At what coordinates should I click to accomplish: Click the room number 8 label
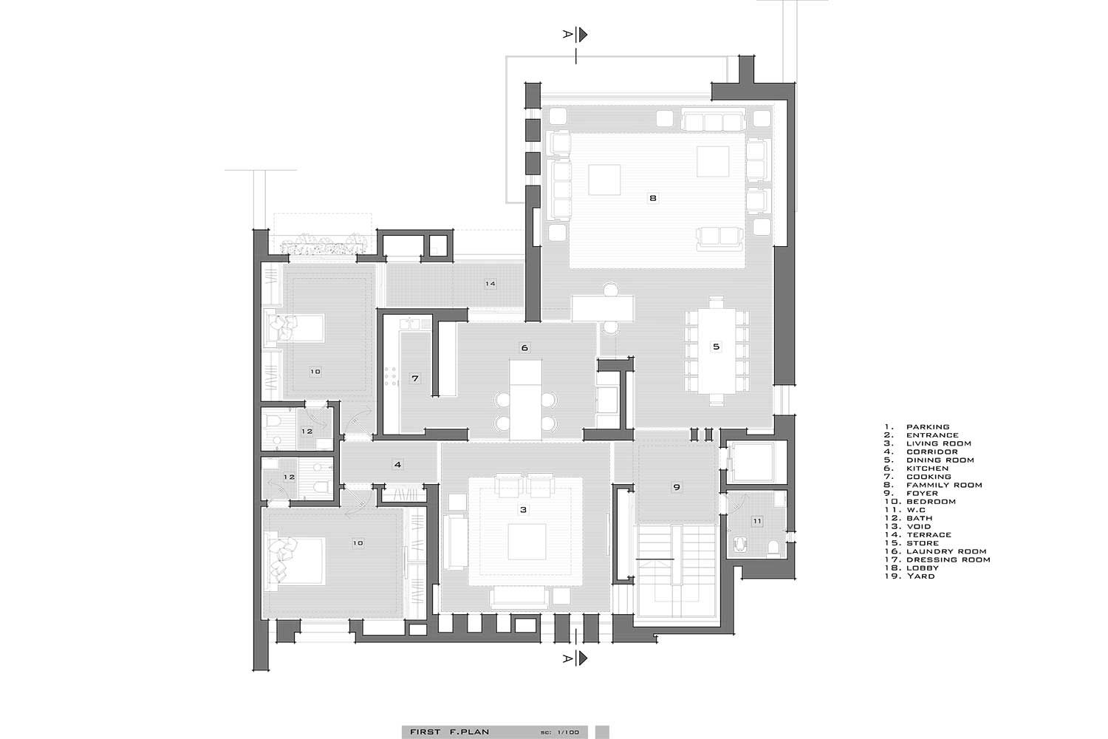pos(653,198)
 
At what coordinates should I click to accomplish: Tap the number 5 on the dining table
pos(717,347)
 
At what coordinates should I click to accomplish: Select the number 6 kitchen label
pos(524,347)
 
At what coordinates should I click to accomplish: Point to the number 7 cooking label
pos(415,378)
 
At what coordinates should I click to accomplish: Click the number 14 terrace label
pos(490,284)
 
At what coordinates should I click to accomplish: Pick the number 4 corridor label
pos(397,464)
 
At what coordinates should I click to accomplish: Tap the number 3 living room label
pos(524,509)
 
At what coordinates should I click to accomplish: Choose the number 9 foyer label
pos(677,486)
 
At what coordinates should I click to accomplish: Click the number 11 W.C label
pos(757,521)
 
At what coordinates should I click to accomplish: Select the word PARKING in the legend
pos(928,426)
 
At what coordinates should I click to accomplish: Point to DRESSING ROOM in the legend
pos(948,559)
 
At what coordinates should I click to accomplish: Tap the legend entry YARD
pos(920,576)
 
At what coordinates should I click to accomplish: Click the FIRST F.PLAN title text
pos(449,732)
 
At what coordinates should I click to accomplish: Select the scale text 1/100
pos(568,732)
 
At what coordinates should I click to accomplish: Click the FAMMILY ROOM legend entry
pos(944,485)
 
